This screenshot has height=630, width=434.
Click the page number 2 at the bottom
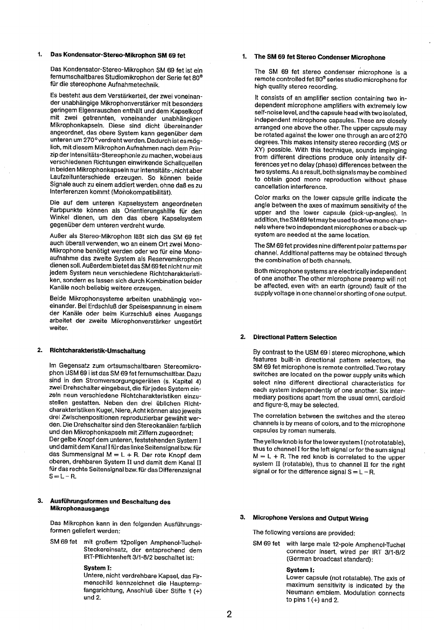[229, 614]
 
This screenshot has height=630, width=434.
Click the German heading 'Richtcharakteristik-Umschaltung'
[97, 351]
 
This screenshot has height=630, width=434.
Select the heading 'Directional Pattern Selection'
[295, 338]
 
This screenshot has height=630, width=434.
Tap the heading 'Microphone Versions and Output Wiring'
[311, 519]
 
